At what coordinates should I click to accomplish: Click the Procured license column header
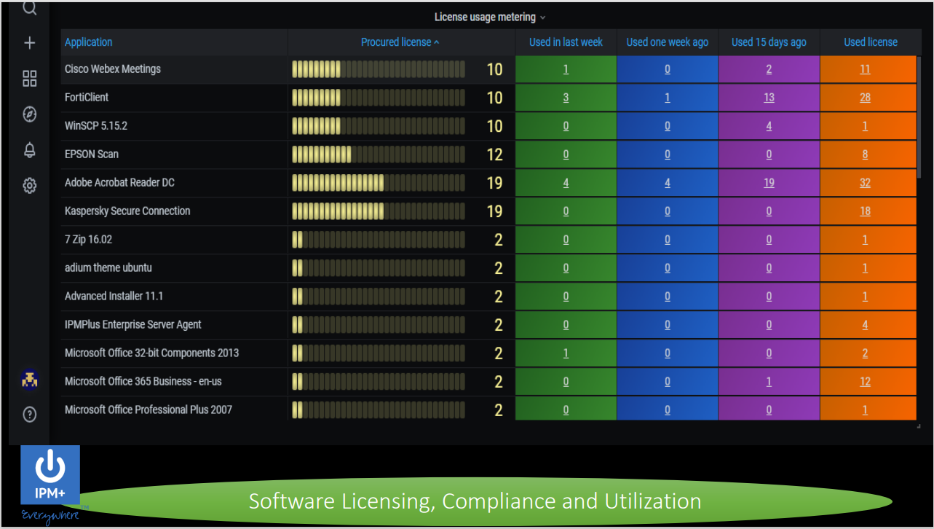tap(396, 42)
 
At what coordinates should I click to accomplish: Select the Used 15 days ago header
tap(769, 42)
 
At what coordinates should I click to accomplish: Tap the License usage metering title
tap(485, 17)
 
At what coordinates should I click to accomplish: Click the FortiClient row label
tap(87, 97)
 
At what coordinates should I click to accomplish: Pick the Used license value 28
tap(865, 97)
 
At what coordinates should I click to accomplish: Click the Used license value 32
tap(865, 182)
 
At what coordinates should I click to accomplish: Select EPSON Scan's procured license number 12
tap(494, 154)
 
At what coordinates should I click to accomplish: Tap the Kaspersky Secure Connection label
tap(127, 211)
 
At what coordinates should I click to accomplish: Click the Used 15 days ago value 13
tap(769, 97)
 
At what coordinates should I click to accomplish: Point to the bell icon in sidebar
tap(30, 150)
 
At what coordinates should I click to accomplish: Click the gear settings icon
tap(30, 186)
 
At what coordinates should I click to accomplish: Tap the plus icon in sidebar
tap(30, 42)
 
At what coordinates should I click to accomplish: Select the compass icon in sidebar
tap(30, 114)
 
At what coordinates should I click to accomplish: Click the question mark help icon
tap(30, 415)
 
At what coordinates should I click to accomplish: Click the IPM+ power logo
tap(50, 474)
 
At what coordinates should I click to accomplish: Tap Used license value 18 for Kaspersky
tap(865, 211)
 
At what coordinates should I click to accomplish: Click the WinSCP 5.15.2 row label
tap(96, 125)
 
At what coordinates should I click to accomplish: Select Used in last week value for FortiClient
tap(566, 97)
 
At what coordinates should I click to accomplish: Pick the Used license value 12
tap(865, 381)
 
